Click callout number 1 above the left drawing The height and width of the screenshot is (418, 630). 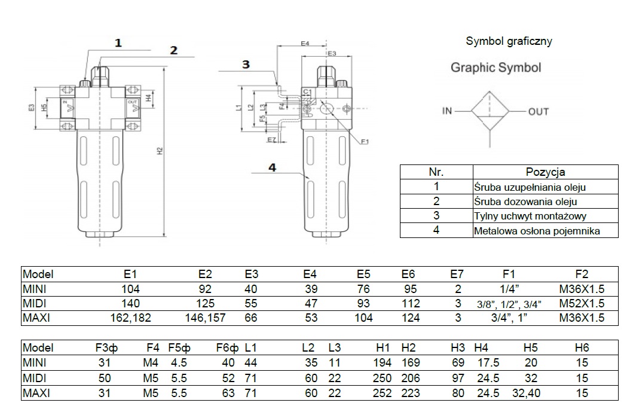(x=118, y=42)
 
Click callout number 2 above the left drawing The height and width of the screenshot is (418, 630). (x=173, y=50)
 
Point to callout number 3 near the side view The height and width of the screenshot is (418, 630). (x=246, y=65)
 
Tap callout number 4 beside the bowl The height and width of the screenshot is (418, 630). (x=272, y=168)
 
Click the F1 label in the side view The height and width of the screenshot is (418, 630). (x=365, y=142)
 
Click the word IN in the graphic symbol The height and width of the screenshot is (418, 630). (x=448, y=111)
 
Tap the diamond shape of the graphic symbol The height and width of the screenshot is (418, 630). (x=490, y=111)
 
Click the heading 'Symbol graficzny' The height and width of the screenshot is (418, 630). (x=508, y=41)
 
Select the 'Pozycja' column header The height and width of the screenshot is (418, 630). (x=545, y=172)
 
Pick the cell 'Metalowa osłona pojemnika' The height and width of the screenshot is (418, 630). (x=537, y=231)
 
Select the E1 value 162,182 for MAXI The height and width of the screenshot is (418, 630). (x=130, y=318)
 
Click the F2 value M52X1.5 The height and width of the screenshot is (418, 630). (x=582, y=304)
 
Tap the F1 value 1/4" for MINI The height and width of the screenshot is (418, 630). (x=509, y=289)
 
